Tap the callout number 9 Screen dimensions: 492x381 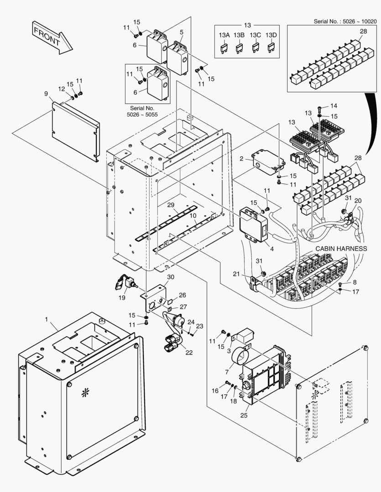point(46,94)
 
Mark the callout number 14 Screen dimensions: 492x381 point(334,106)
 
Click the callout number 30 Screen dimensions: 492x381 point(170,277)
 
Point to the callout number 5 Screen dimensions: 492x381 point(182,32)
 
